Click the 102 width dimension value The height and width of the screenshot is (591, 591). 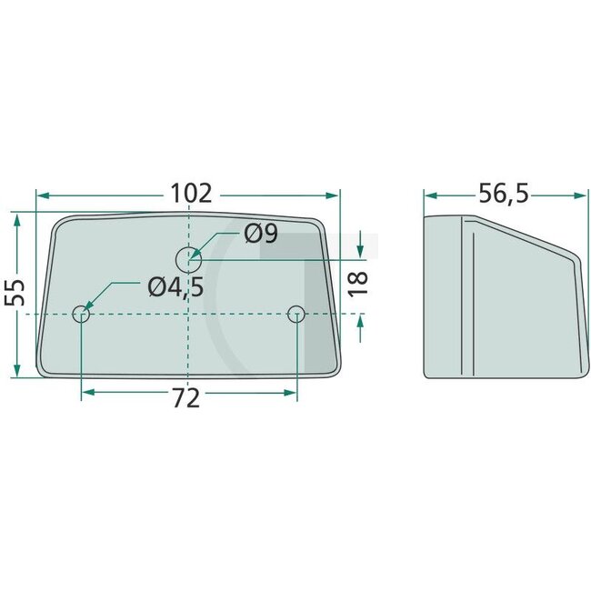pyautogui.click(x=190, y=194)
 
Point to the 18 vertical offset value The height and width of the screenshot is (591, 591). pyautogui.click(x=358, y=281)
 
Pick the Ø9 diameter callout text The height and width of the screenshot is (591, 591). pyautogui.click(x=260, y=235)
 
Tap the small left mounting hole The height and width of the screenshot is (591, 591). pyautogui.click(x=81, y=316)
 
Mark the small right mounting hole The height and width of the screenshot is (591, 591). pyautogui.click(x=295, y=315)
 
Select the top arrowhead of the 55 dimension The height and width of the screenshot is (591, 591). pyautogui.click(x=16, y=220)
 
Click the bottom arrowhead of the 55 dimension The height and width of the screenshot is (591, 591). pyautogui.click(x=16, y=371)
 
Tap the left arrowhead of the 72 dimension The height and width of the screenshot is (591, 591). pyautogui.click(x=87, y=394)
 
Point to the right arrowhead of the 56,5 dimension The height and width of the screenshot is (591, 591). pyautogui.click(x=578, y=195)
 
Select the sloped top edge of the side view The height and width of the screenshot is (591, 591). pyautogui.click(x=523, y=237)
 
